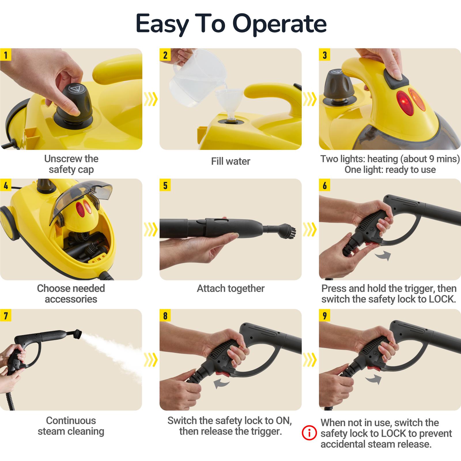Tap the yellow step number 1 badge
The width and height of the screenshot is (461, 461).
click(x=6, y=55)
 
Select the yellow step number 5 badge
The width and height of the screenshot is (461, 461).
click(x=165, y=185)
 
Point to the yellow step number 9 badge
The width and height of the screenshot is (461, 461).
click(x=325, y=316)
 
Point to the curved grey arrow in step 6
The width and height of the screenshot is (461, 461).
click(x=383, y=255)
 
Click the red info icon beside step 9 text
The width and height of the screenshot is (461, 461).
click(x=309, y=433)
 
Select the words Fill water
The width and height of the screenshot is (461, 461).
click(x=231, y=161)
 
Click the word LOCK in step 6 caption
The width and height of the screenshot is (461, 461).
click(x=441, y=299)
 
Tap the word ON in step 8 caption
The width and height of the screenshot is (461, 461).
click(x=283, y=421)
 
